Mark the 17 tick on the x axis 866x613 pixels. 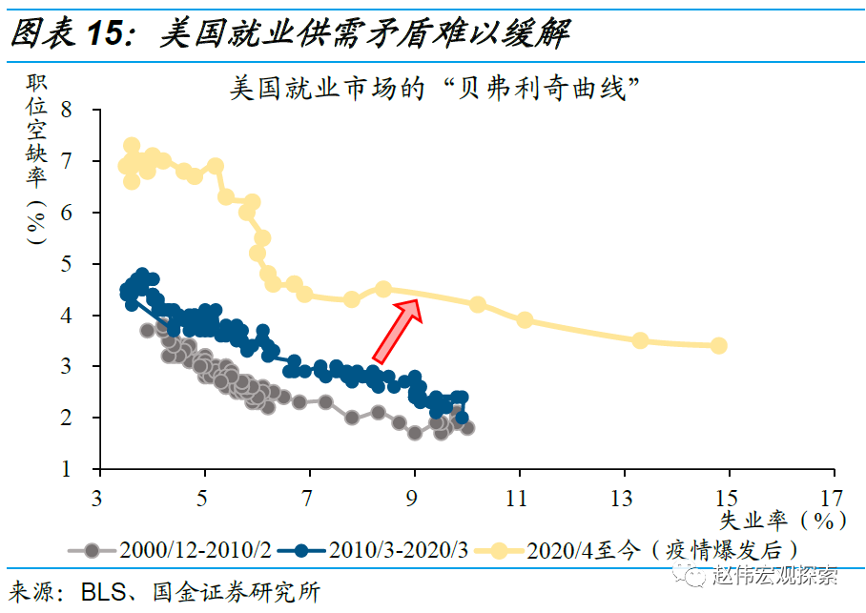coord(833,498)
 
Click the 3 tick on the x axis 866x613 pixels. coord(98,498)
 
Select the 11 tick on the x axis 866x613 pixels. coord(518,498)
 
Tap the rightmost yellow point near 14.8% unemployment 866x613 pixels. coord(718,345)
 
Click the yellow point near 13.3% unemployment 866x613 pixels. coord(640,340)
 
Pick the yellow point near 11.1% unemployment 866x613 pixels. coord(525,320)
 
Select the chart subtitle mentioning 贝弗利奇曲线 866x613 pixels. coord(434,90)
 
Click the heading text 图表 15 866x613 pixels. coord(67,34)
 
